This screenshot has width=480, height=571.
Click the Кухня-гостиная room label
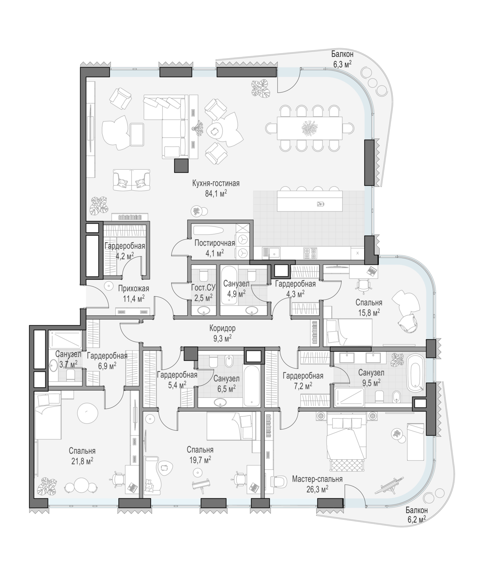[x=216, y=183]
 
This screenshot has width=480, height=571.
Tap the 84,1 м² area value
[x=216, y=193]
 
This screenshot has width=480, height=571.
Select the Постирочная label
[x=214, y=243]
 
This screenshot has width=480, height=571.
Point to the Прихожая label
[x=134, y=289]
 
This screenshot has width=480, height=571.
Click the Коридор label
[x=222, y=328]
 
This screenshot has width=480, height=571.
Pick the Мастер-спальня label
[x=317, y=479]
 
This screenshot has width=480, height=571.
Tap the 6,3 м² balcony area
[x=342, y=65]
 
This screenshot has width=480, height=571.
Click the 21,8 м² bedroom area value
[x=82, y=461]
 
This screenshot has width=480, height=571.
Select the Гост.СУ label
[x=203, y=287]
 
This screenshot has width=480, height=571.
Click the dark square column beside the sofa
[x=181, y=166]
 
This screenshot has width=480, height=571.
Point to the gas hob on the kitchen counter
[x=310, y=253]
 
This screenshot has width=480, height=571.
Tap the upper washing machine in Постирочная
[x=242, y=240]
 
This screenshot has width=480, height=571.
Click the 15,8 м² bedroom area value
[x=369, y=313]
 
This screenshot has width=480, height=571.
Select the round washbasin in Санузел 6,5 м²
[x=220, y=402]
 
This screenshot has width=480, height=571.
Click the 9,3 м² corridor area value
[x=222, y=338]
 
